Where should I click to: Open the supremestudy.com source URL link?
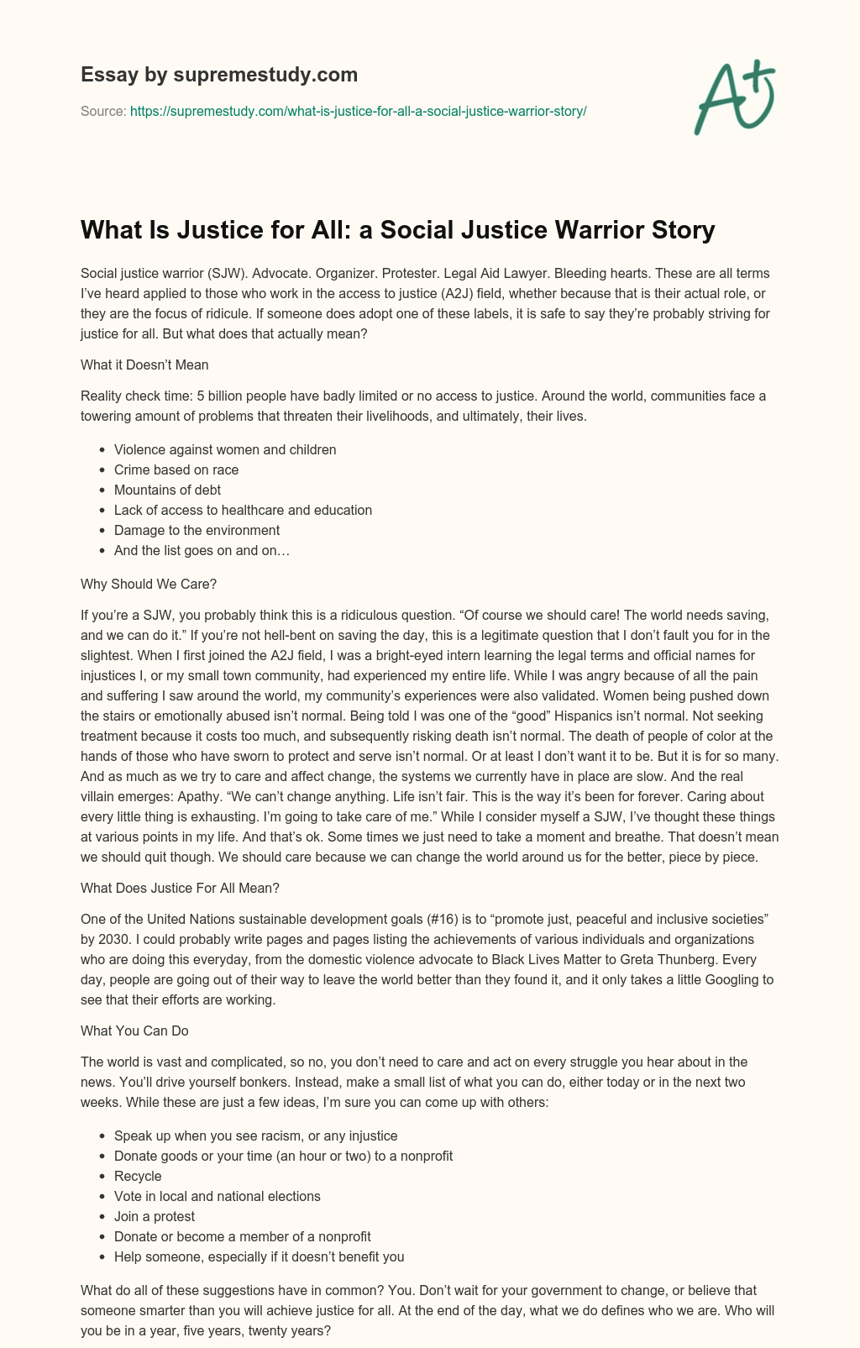click(358, 111)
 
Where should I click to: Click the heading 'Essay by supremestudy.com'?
click(219, 75)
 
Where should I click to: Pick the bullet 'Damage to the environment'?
click(197, 530)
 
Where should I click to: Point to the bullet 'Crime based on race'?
click(176, 469)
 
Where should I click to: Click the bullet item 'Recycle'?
click(138, 1176)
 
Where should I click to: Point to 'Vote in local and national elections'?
click(217, 1196)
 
